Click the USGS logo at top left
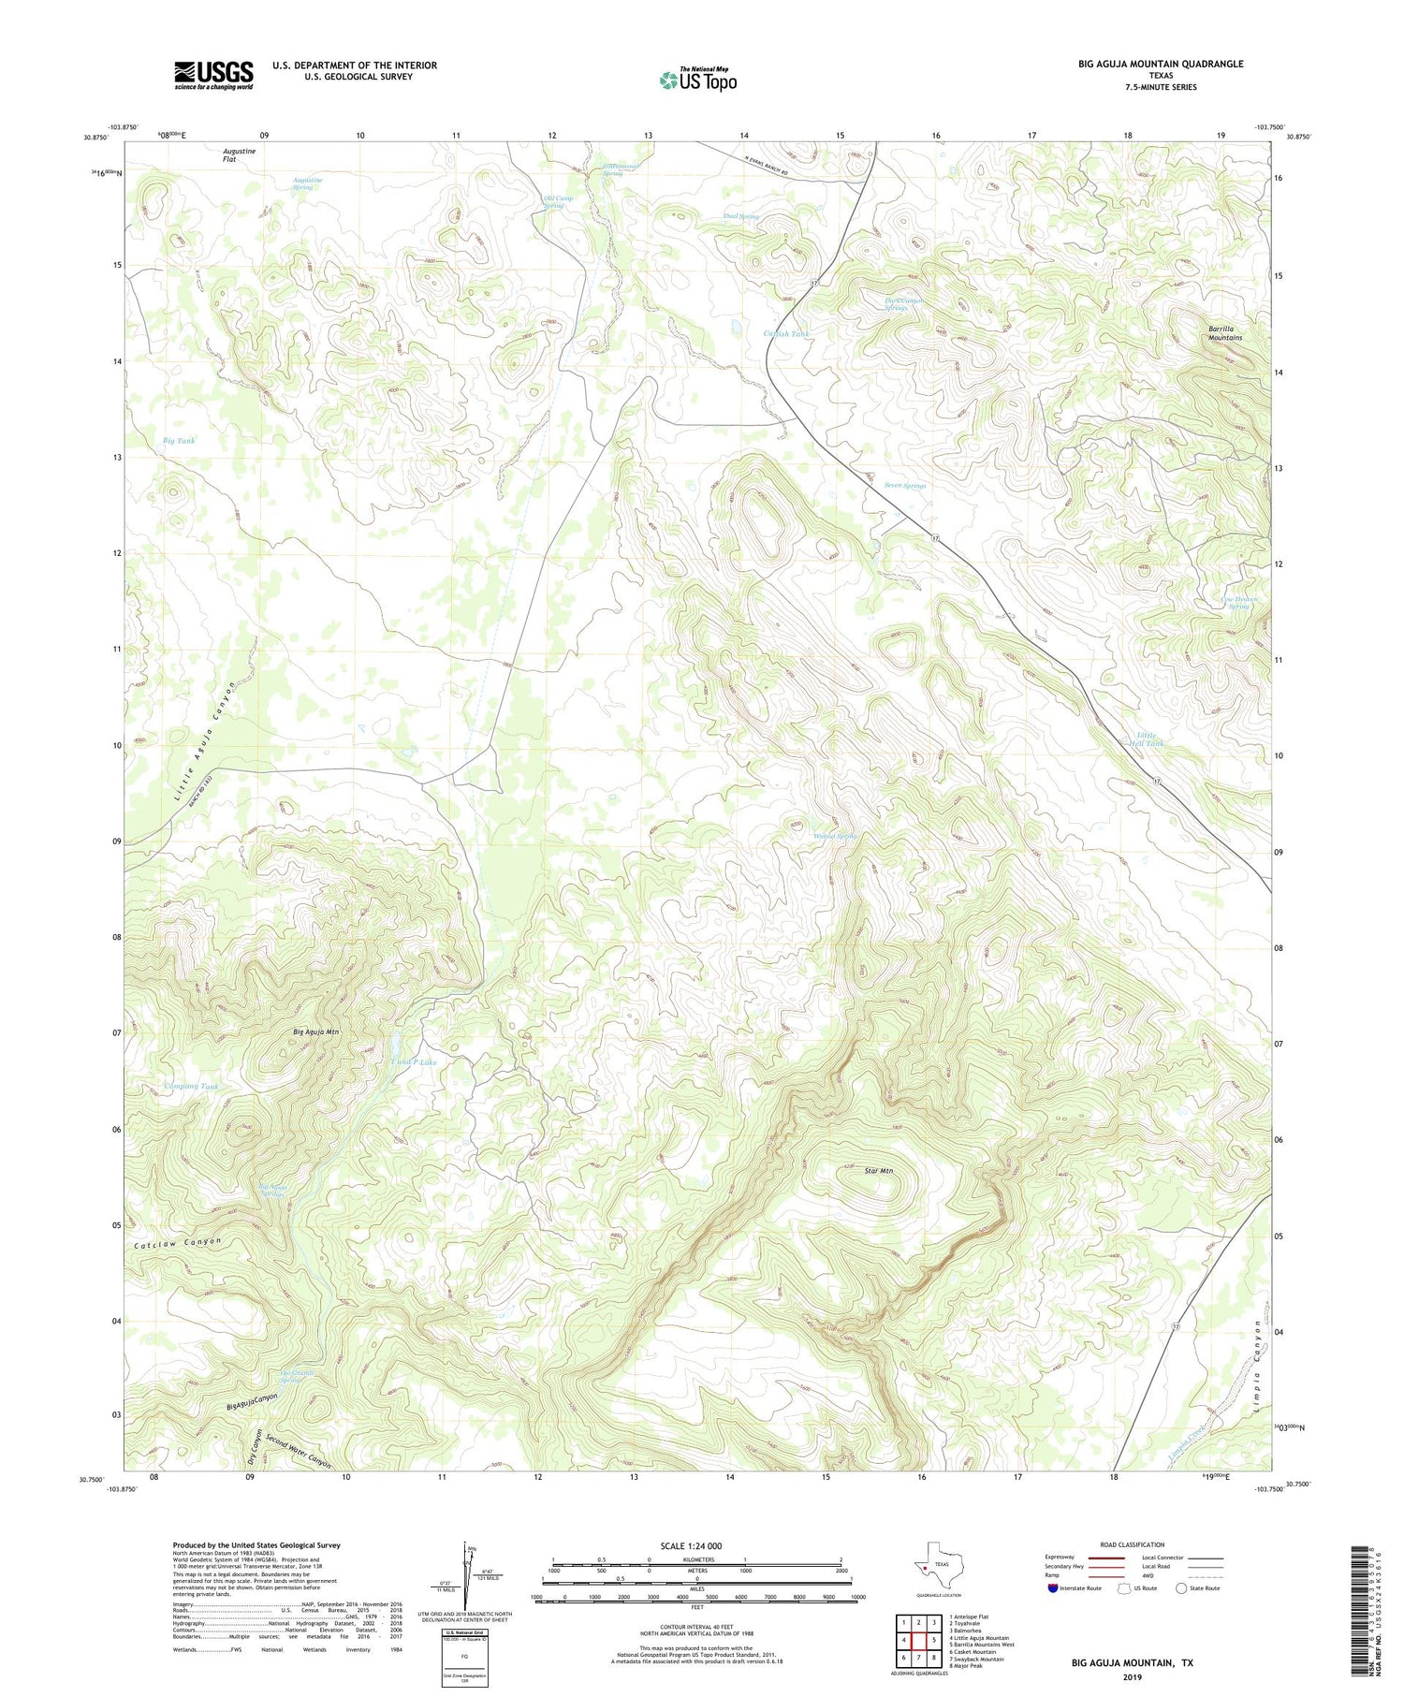213,75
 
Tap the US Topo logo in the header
697,80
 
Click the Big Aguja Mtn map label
315,1031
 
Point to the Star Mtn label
879,1170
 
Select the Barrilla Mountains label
1224,332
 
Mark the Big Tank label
179,440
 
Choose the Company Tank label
191,1087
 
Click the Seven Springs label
904,486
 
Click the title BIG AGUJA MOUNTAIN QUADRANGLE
1161,64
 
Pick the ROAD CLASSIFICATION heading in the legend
1133,1544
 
